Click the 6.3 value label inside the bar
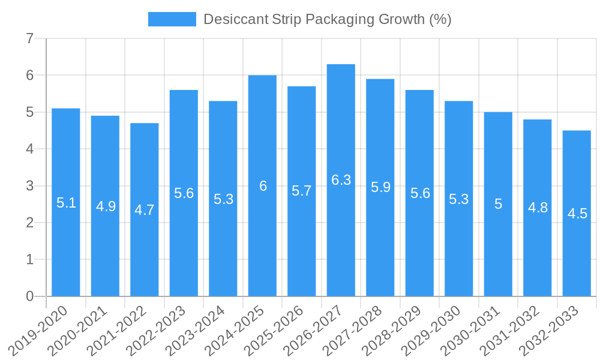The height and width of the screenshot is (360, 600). (x=341, y=180)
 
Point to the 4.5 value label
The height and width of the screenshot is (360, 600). (x=577, y=214)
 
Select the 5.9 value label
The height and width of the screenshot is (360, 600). (x=380, y=187)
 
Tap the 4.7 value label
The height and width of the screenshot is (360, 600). (x=145, y=210)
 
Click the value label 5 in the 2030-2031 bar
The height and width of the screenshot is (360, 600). (x=498, y=204)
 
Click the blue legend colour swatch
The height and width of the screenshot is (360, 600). (x=172, y=19)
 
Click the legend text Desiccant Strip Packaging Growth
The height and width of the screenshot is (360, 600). (x=327, y=19)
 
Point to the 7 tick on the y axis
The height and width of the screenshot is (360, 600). (x=29, y=39)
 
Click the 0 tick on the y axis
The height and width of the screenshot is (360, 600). (x=29, y=296)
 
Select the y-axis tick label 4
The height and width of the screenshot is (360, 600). (x=29, y=149)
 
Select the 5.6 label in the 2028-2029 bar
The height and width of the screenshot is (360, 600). (x=420, y=193)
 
